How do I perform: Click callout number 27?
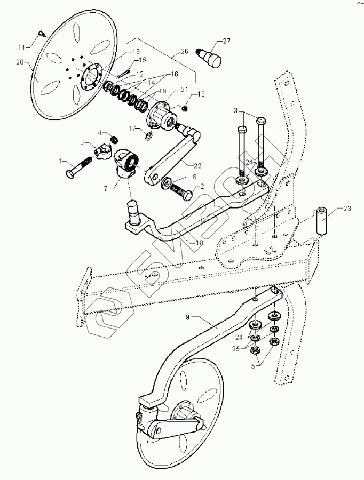(226, 41)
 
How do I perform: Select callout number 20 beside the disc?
(20, 62)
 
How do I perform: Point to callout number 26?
(185, 52)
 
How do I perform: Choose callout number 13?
(201, 94)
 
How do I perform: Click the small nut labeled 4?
(112, 140)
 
